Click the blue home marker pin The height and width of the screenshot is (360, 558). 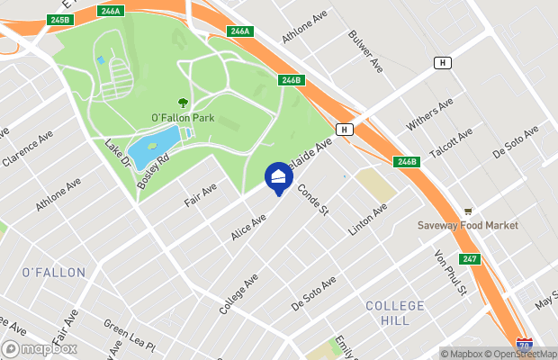278,176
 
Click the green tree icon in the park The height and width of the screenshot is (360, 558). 184,103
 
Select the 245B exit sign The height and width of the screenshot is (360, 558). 60,19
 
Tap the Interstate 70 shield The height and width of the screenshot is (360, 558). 525,345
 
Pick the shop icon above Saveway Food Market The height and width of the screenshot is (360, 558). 468,211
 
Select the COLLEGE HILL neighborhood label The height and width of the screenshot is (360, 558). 394,314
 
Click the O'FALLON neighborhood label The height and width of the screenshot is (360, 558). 53,272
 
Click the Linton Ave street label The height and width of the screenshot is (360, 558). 367,220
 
